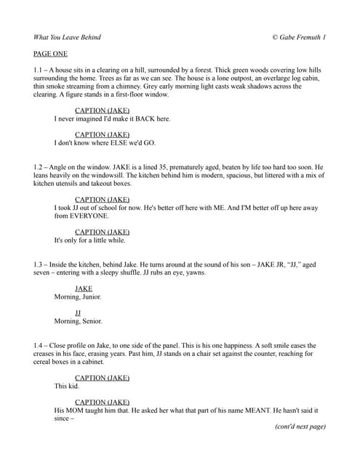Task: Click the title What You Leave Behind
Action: [67, 37]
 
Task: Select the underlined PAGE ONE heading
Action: [52, 54]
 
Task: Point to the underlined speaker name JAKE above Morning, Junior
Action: [84, 288]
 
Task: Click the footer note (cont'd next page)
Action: [300, 426]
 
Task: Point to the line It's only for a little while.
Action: [89, 240]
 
